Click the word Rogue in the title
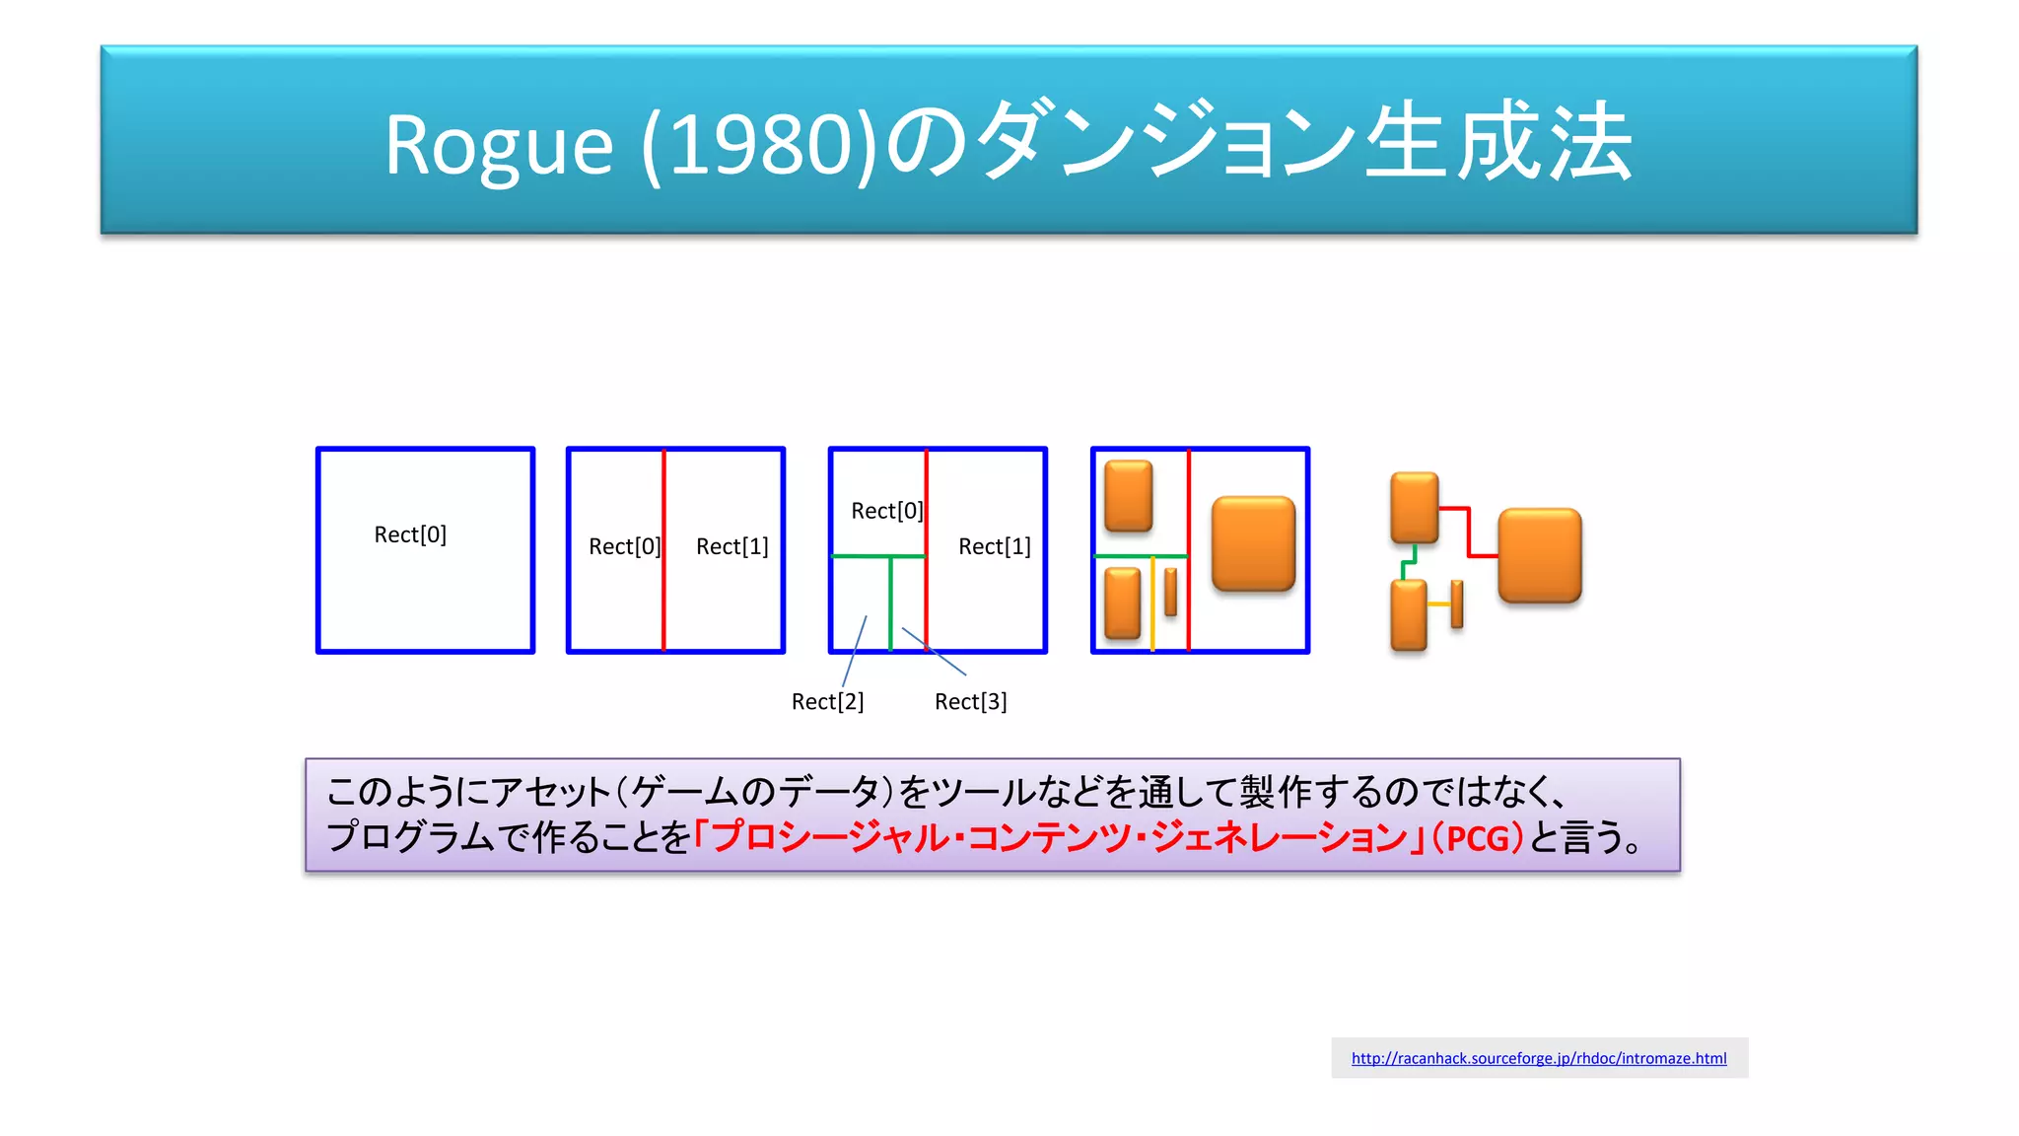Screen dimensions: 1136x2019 point(498,146)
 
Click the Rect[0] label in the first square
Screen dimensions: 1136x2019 point(410,534)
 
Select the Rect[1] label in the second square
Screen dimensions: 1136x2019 point(731,546)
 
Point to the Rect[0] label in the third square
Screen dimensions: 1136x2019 point(886,511)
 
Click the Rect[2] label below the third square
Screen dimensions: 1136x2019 point(827,701)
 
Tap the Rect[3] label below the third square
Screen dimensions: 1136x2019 point(970,701)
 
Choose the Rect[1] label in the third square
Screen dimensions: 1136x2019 point(994,546)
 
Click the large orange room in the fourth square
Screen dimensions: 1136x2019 point(1253,543)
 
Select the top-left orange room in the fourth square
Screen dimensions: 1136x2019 point(1129,496)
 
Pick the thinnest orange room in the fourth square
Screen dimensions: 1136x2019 point(1170,592)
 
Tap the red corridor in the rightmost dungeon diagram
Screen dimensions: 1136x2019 point(1469,532)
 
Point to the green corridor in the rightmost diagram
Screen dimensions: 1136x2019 point(1408,563)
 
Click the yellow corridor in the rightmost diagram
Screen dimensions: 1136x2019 point(1438,603)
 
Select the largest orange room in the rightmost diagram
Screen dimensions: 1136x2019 point(1539,555)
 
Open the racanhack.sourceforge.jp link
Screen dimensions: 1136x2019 point(1538,1058)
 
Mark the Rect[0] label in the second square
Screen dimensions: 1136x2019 point(623,546)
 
